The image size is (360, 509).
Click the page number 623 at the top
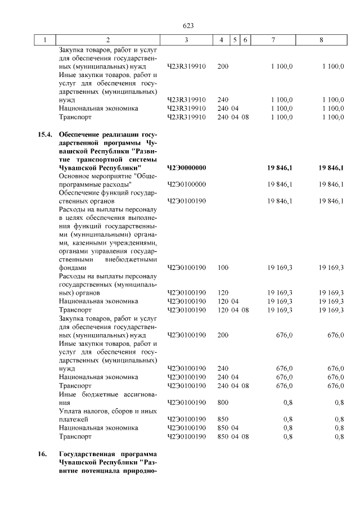coord(188,26)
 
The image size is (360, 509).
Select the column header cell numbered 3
coord(186,40)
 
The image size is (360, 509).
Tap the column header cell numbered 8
coord(321,40)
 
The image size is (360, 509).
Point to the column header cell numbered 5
coord(236,40)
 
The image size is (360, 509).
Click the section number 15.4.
coord(44,135)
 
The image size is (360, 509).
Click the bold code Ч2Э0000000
coord(187,168)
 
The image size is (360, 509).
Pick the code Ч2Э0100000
coord(187,184)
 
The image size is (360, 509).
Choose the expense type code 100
coord(223,268)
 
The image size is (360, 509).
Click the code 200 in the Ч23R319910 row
coord(223,66)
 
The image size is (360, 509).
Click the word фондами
coord(73,268)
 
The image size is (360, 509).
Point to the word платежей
coord(74,419)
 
